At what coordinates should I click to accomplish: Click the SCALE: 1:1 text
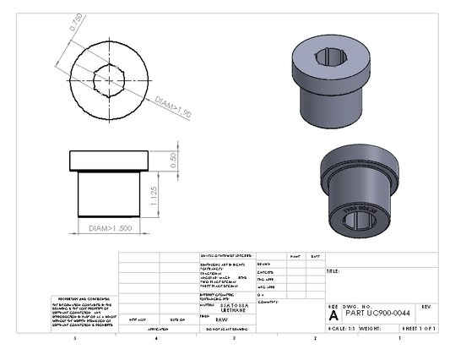pyautogui.click(x=341, y=327)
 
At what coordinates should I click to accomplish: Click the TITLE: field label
pyautogui.click(x=333, y=271)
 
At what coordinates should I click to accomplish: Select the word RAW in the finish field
pyautogui.click(x=221, y=320)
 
